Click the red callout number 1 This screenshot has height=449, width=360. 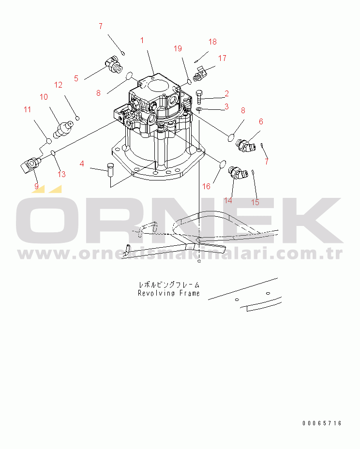coord(142,40)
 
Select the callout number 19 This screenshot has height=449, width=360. coord(178,48)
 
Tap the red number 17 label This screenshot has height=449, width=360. coord(222,58)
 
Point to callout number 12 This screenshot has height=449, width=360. coord(59,85)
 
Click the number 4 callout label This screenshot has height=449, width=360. coord(82,164)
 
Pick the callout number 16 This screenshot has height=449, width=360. coord(206,186)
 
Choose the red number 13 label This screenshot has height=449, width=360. coord(61,174)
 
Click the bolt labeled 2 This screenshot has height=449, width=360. coord(199,97)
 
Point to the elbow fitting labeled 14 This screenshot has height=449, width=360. coord(238,173)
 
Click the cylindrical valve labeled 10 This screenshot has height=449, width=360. coord(63,130)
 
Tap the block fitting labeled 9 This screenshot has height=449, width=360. coord(30,165)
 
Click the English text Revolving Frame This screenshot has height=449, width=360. coord(169,293)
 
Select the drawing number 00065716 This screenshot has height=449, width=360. coord(322,423)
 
